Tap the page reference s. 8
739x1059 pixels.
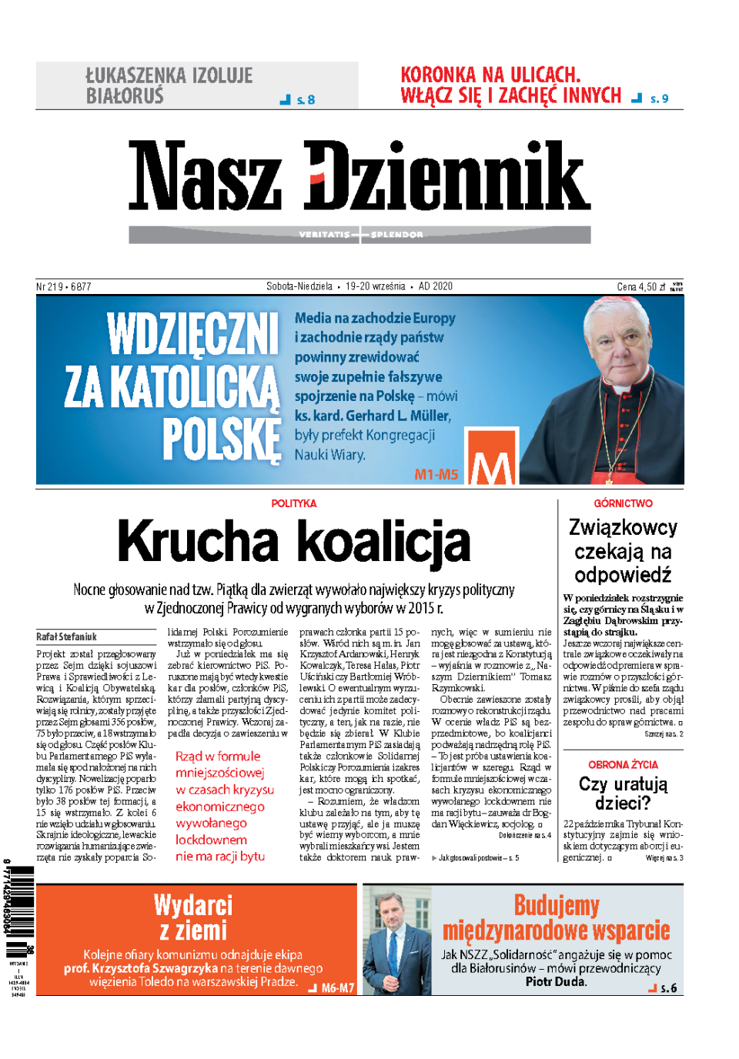(306, 100)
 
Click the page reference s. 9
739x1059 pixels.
(659, 99)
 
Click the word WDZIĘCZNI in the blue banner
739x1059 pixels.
(192, 334)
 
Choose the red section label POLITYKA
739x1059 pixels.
(293, 503)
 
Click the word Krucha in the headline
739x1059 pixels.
(198, 542)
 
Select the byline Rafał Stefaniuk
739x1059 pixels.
(66, 636)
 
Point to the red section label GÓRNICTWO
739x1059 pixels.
(623, 503)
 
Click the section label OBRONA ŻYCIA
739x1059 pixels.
(623, 765)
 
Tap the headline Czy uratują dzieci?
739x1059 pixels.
(623, 793)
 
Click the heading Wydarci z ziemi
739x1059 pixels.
(193, 917)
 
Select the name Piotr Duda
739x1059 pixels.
(556, 982)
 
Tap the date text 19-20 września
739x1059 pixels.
(375, 286)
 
